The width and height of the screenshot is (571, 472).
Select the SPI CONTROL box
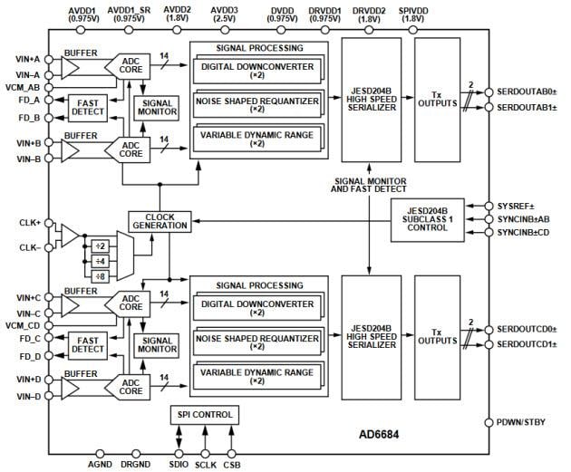[204, 415]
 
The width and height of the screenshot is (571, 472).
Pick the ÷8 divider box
[101, 276]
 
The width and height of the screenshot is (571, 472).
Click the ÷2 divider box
[101, 246]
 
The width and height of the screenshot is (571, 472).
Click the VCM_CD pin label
[22, 325]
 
